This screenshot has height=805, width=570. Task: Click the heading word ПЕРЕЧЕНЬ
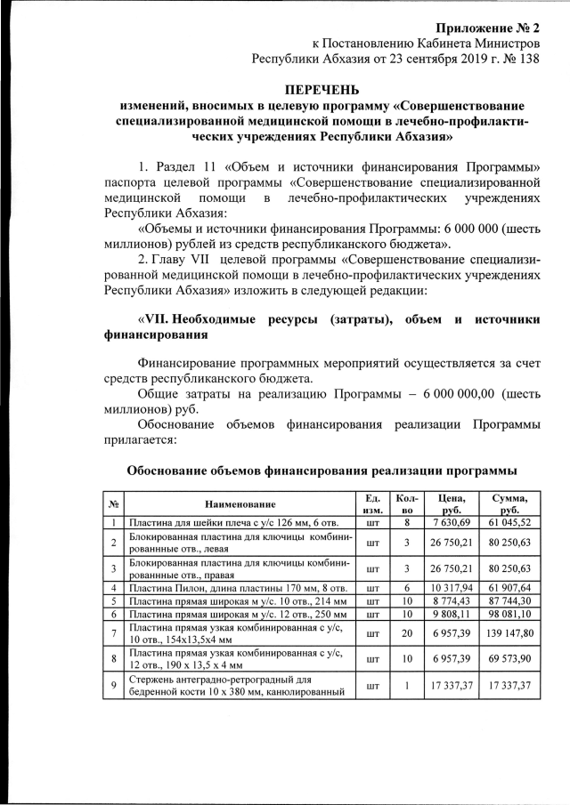point(322,90)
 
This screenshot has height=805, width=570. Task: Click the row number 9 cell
point(114,686)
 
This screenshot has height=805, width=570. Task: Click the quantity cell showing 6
point(405,588)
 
